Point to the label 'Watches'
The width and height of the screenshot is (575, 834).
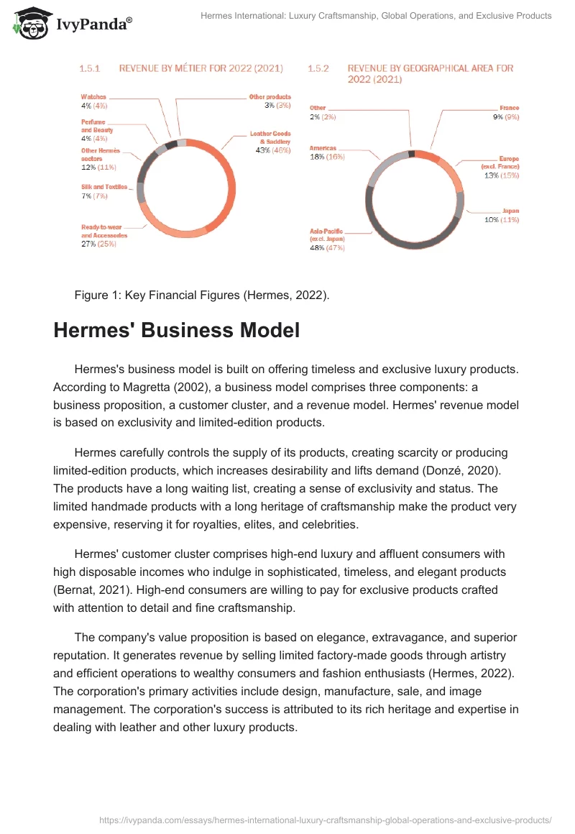(x=93, y=96)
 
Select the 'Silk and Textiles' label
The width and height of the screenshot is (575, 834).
(x=104, y=187)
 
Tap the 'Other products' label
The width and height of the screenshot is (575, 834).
(x=270, y=96)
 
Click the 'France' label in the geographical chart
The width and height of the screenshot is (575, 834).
(x=509, y=108)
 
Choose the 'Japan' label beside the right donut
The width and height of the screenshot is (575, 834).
(x=510, y=211)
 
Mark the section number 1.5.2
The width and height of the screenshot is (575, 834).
(x=318, y=68)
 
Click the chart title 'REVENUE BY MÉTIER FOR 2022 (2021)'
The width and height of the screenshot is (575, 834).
(x=201, y=68)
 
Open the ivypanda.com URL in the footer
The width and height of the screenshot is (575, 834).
(x=325, y=820)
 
